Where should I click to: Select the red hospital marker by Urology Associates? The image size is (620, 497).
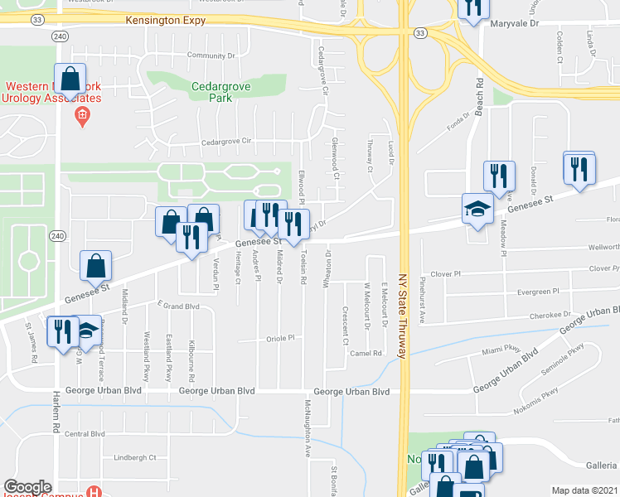point(81,118)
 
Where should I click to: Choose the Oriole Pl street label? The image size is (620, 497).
point(281,339)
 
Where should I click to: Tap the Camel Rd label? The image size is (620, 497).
point(366,353)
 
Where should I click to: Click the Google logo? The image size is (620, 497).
point(27,487)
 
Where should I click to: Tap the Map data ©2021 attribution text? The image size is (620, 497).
point(584,490)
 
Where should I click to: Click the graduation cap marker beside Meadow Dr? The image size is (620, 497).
point(478,210)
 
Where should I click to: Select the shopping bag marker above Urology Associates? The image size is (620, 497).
point(70,79)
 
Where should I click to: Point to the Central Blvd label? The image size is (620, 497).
point(85,433)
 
